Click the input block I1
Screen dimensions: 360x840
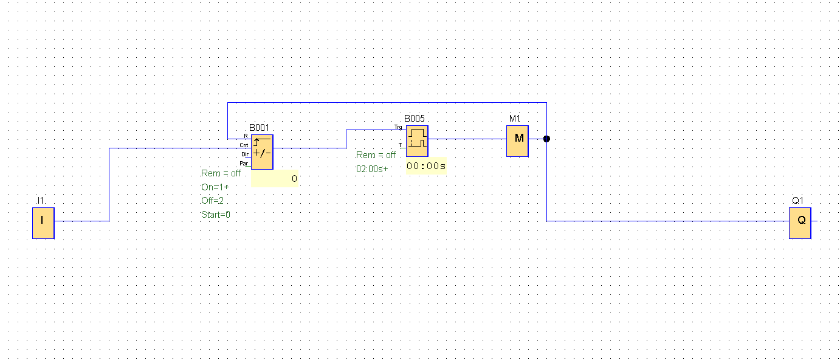click(x=43, y=223)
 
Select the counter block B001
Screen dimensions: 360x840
click(x=262, y=152)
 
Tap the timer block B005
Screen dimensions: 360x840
click(x=417, y=141)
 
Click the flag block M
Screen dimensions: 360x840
click(x=517, y=141)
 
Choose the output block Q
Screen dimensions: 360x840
click(x=800, y=223)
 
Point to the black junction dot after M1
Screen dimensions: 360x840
click(x=546, y=139)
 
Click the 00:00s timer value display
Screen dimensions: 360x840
click(x=426, y=165)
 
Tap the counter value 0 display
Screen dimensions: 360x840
click(x=294, y=179)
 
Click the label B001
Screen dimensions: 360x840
click(x=259, y=128)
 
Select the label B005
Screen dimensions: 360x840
click(x=415, y=119)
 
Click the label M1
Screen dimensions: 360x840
click(x=515, y=119)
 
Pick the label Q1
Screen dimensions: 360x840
click(x=797, y=201)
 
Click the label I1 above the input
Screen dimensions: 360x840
click(x=41, y=201)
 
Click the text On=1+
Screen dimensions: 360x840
click(x=215, y=187)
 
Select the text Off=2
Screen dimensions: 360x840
click(x=213, y=201)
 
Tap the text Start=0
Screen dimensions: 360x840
click(x=216, y=215)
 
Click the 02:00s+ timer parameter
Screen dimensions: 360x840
click(x=372, y=168)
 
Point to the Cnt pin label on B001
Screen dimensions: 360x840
click(x=244, y=145)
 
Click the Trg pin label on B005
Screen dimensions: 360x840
click(x=398, y=128)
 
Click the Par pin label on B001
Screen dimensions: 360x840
click(x=244, y=163)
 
